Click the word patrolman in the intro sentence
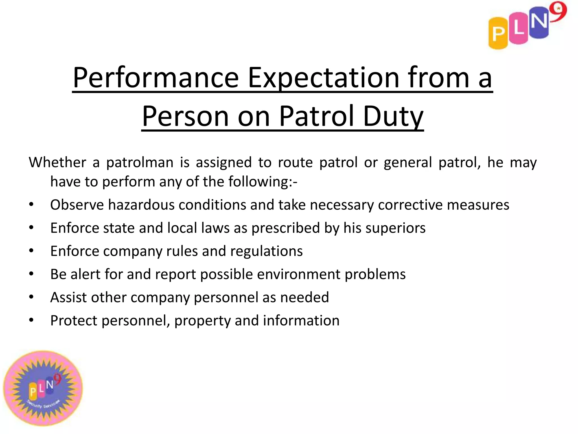click(x=140, y=162)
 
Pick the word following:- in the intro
click(x=263, y=182)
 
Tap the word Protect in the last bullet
click(x=74, y=321)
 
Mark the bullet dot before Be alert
click(x=31, y=274)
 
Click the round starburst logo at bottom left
click(x=43, y=389)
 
